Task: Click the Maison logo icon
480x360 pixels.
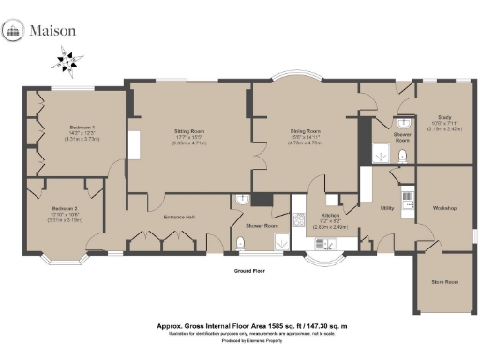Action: click(15, 31)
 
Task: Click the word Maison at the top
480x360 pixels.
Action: click(52, 31)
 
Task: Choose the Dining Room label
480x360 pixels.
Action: click(306, 133)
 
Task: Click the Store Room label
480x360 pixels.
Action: click(444, 281)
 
